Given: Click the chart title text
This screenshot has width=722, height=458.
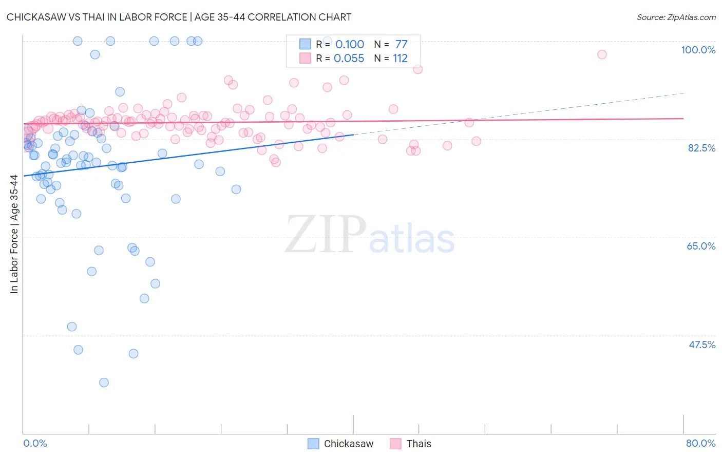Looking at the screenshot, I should [179, 17].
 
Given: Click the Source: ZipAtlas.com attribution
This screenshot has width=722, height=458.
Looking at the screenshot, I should [676, 17].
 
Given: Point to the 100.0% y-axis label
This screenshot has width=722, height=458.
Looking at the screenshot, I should [698, 50].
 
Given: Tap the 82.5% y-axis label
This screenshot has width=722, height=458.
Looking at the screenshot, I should [701, 148].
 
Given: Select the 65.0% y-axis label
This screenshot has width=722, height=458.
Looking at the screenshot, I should [701, 246].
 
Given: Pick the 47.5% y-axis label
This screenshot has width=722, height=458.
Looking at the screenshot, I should [701, 345].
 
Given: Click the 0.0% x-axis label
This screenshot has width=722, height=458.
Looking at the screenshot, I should [35, 443].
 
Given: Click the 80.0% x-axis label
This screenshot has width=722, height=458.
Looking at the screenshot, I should [700, 443].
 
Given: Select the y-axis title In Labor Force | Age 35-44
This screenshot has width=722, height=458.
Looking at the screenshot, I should [14, 234].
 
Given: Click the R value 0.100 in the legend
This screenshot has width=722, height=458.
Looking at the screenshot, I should [349, 44].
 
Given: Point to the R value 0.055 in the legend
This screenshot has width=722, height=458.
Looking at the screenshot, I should [349, 59].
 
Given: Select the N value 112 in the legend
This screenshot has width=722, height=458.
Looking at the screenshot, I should [400, 59].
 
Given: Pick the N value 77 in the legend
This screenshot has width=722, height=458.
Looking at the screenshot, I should [401, 44].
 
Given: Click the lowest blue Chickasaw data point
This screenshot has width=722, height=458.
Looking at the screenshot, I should [104, 383].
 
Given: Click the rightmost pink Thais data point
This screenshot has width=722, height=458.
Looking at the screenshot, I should [602, 54].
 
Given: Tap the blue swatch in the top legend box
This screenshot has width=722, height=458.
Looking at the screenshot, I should [305, 44].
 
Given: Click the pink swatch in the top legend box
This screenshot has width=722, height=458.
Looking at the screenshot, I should [305, 59].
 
